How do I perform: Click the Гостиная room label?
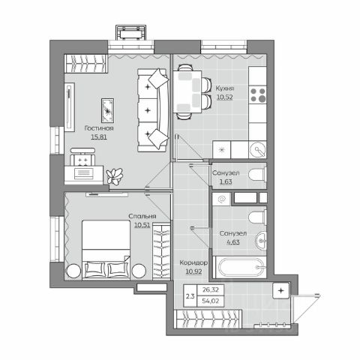click(x=99, y=128)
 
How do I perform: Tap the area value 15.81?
click(x=99, y=137)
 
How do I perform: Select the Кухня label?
click(x=225, y=88)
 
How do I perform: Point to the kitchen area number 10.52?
click(x=225, y=97)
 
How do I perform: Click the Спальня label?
click(x=142, y=216)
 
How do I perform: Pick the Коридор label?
click(x=193, y=262)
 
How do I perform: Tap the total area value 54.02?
click(x=211, y=301)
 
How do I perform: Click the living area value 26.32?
click(x=211, y=289)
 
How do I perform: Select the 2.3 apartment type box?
click(x=190, y=296)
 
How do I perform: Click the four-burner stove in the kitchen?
click(x=257, y=94)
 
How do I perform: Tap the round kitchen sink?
click(x=258, y=150)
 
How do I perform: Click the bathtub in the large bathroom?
click(x=239, y=267)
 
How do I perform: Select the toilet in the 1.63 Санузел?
click(x=257, y=174)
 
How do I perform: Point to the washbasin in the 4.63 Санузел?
click(x=261, y=241)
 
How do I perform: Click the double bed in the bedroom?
click(x=106, y=250)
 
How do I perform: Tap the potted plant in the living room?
click(x=115, y=175)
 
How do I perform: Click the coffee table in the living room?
click(x=108, y=110)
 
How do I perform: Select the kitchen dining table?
click(x=187, y=91)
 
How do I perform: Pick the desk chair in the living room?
click(x=82, y=157)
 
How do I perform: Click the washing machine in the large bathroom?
click(x=221, y=199)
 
